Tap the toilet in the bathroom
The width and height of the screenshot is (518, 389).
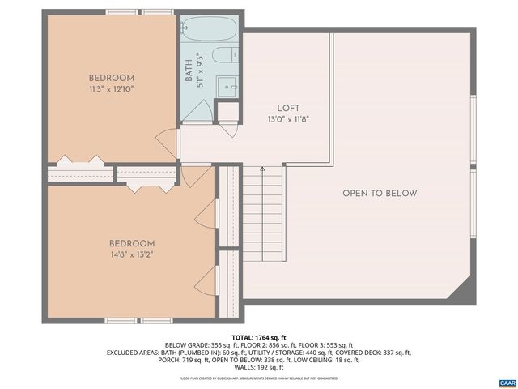[x=223, y=56]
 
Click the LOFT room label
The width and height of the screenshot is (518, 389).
[x=288, y=108]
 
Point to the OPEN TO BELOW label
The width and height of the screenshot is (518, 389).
[x=380, y=193]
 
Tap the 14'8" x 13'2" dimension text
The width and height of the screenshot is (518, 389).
[x=131, y=254]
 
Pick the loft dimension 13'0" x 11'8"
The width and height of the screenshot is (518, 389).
[x=288, y=118]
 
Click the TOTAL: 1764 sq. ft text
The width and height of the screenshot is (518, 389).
[x=259, y=336]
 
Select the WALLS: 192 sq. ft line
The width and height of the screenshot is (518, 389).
[x=259, y=368]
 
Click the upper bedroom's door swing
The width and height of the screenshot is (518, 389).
[x=167, y=138]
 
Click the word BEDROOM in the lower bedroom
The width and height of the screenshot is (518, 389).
[x=131, y=243]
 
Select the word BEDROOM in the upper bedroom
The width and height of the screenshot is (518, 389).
[x=110, y=78]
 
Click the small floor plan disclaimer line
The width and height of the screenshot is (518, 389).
[x=259, y=378]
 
